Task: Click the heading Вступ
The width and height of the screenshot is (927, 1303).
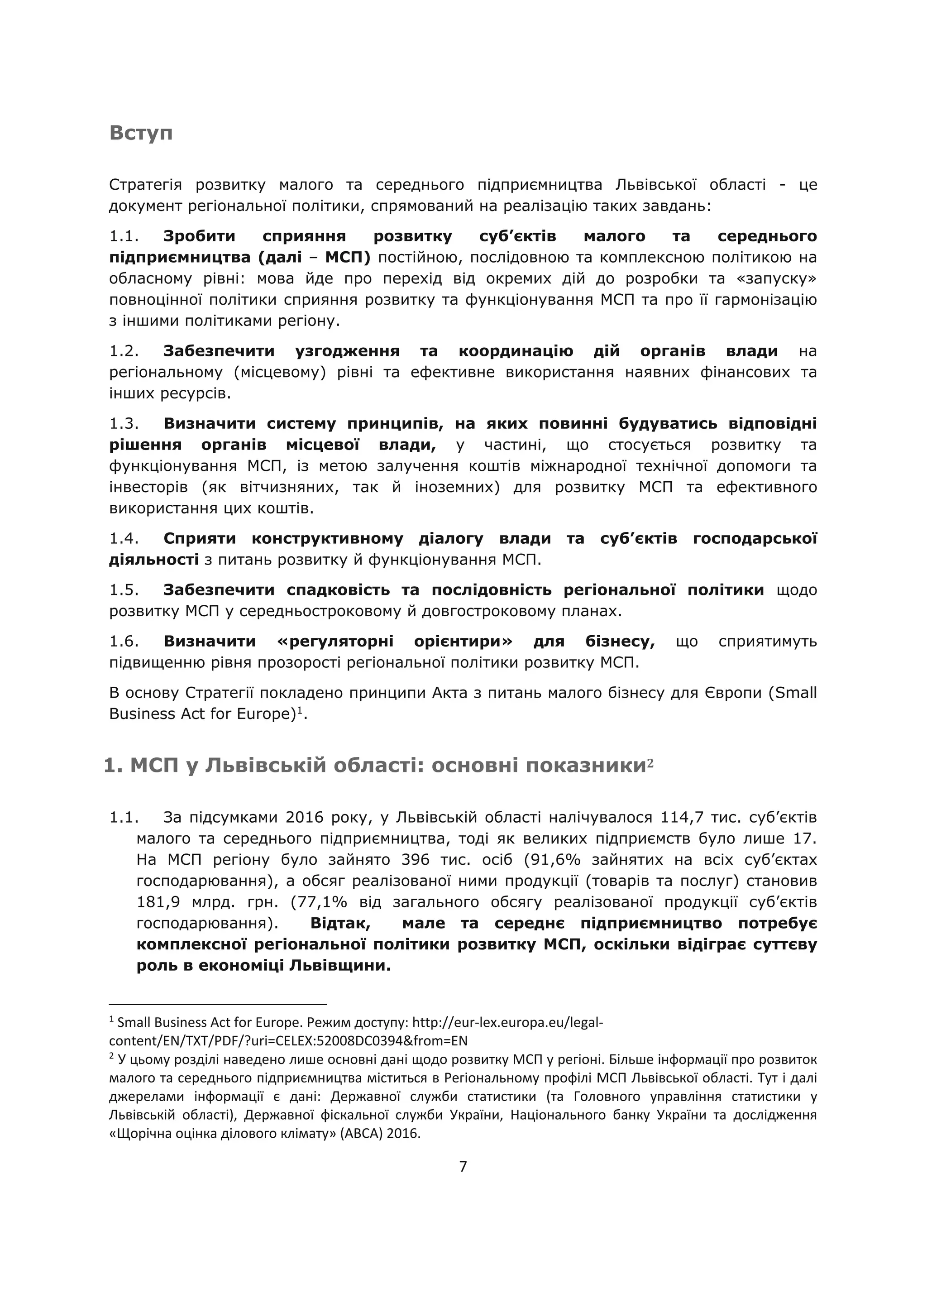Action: point(140,133)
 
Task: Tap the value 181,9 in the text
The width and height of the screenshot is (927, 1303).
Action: point(157,902)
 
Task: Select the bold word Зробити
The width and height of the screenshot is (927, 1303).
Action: point(199,236)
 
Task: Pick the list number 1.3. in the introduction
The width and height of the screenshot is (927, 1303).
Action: point(124,424)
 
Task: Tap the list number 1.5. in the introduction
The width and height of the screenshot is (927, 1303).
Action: point(124,590)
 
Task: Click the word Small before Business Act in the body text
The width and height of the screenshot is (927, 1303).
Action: point(796,693)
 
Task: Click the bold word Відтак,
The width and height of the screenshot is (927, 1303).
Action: point(341,923)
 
